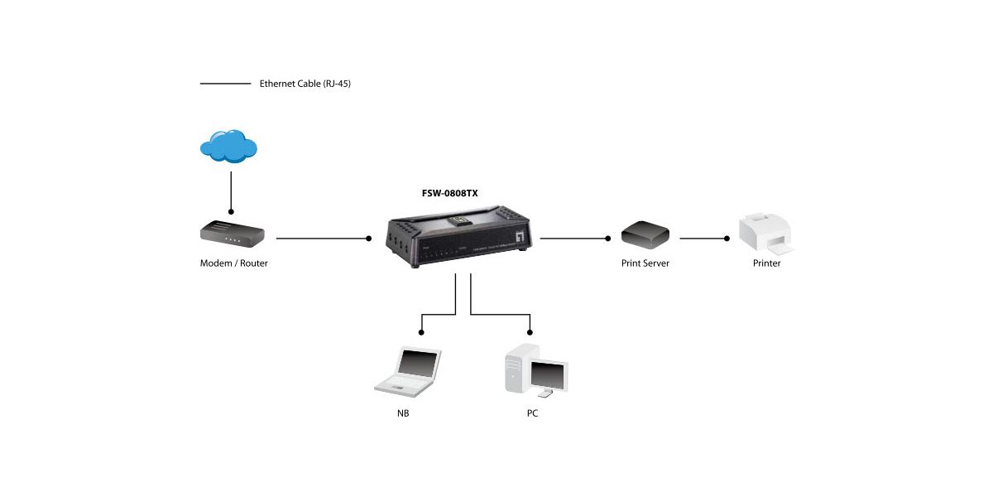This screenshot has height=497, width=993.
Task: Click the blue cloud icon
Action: click(228, 147)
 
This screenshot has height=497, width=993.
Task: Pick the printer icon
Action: click(765, 233)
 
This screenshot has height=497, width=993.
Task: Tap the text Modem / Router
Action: click(234, 263)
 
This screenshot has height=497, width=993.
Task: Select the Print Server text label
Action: click(645, 263)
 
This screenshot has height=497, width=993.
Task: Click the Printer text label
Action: click(766, 263)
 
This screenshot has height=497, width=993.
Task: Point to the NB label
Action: click(403, 413)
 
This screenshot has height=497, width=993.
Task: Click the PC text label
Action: click(532, 413)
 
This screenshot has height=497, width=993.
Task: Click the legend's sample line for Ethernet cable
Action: click(225, 84)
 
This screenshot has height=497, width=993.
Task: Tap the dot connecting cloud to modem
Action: click(231, 212)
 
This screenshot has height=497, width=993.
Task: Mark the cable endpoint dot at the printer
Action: click(727, 239)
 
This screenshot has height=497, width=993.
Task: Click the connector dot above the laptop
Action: click(421, 332)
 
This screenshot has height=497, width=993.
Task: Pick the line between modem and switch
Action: click(323, 239)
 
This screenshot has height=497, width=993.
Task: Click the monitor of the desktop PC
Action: click(549, 374)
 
